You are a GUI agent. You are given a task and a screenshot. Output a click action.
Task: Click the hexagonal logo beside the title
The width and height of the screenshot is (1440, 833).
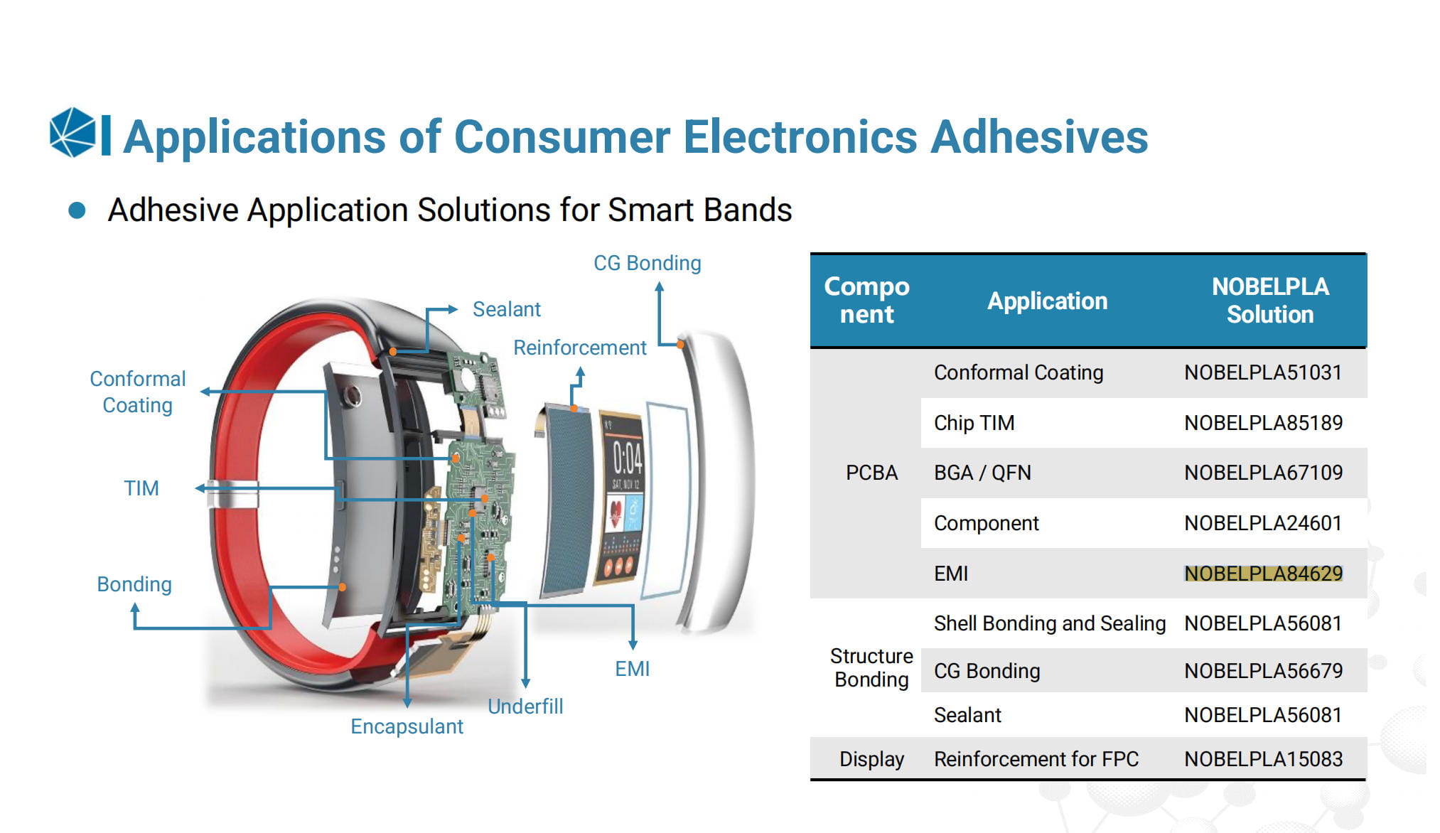[x=72, y=132]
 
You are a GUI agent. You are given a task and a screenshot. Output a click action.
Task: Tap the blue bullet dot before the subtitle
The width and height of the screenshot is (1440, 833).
[x=77, y=210]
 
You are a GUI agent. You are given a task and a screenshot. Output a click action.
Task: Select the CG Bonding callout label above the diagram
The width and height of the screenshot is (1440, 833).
[x=648, y=263]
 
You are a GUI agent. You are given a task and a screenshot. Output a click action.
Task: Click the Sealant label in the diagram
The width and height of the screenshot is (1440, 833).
[x=507, y=309]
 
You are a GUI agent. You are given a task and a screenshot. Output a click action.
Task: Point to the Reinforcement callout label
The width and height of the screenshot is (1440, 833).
[x=580, y=348]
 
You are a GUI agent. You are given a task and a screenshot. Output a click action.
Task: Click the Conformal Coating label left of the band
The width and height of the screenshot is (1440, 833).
[x=138, y=392]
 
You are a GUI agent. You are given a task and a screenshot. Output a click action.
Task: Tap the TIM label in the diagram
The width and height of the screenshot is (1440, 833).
[x=141, y=488]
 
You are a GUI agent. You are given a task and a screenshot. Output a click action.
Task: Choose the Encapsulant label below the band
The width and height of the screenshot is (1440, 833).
[x=407, y=726]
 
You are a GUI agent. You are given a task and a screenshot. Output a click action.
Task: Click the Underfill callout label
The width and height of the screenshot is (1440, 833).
[x=525, y=706]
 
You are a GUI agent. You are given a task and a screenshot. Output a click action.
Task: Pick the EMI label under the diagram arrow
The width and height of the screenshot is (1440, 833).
[x=633, y=669]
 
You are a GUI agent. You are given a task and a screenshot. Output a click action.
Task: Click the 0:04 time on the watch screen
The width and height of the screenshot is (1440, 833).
[x=628, y=458]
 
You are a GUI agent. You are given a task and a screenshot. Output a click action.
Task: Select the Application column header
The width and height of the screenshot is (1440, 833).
[x=1048, y=301]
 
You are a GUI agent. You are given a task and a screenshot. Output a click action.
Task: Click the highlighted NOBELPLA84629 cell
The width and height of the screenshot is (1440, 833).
[x=1264, y=573]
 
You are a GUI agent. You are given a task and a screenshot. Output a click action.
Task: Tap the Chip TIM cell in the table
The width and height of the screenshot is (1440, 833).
[x=974, y=423]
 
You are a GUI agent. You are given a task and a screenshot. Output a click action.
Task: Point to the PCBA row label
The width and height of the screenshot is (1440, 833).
[x=871, y=473]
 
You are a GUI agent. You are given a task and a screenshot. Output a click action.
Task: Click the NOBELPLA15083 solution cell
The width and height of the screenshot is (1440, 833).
[x=1264, y=759]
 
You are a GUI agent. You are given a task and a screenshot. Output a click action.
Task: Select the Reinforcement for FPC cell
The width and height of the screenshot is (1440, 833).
[x=1036, y=759]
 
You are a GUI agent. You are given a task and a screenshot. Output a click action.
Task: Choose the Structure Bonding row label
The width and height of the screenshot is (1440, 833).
[x=871, y=667]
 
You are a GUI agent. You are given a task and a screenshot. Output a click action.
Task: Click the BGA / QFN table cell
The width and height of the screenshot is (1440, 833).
[x=982, y=473]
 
